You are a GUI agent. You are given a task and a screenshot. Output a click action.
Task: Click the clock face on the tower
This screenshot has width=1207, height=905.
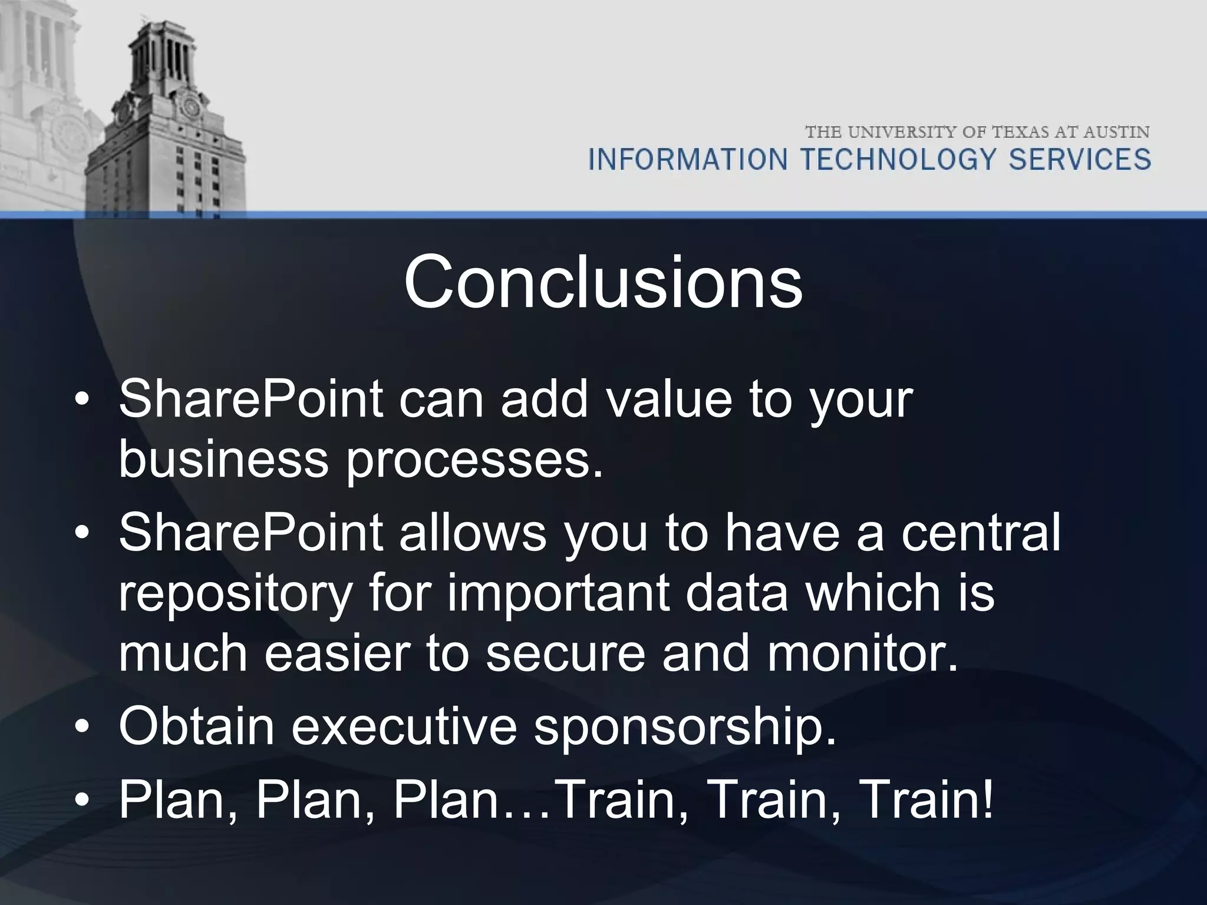tap(190, 107)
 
